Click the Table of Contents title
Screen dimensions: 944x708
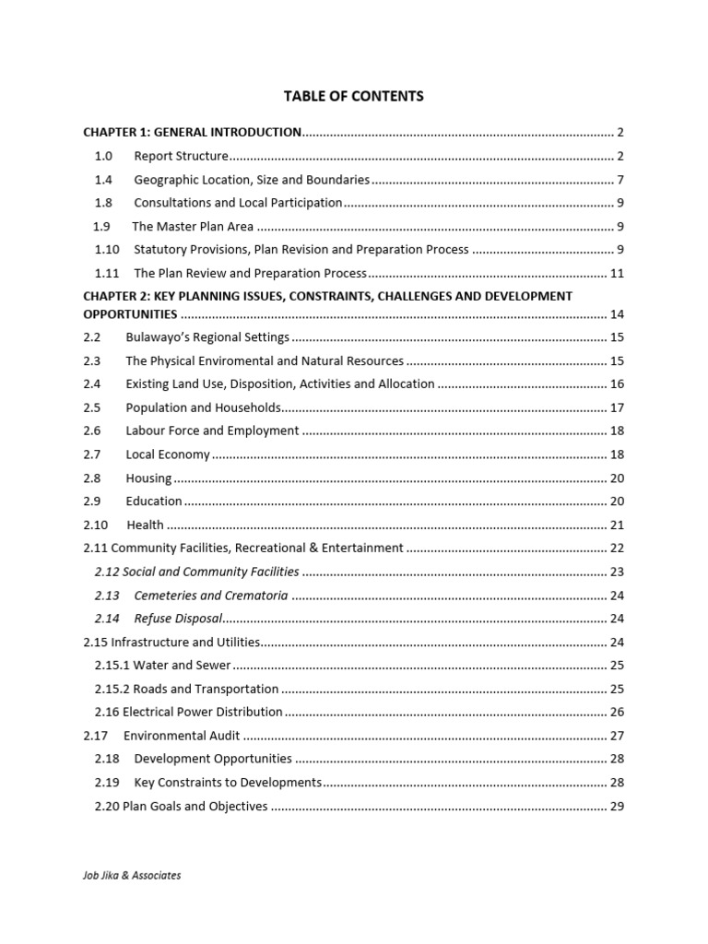click(x=354, y=96)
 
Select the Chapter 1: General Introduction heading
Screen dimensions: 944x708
click(x=192, y=132)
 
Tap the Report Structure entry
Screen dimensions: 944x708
click(x=181, y=156)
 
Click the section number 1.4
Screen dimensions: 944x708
click(x=103, y=180)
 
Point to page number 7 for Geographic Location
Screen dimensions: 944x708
click(x=621, y=180)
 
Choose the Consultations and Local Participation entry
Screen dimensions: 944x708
click(x=238, y=203)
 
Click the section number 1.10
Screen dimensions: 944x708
click(x=107, y=250)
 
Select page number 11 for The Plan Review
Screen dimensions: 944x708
click(x=618, y=274)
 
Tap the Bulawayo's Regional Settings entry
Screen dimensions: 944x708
click(x=207, y=337)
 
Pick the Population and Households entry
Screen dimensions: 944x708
click(x=203, y=407)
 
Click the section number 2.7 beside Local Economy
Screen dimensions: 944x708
click(x=91, y=454)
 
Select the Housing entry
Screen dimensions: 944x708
click(x=148, y=478)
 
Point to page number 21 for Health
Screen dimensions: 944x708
click(x=618, y=525)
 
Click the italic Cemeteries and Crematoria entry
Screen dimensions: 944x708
click(x=211, y=596)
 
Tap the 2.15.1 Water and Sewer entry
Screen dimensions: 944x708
click(x=162, y=665)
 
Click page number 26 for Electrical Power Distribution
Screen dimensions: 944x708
click(x=618, y=712)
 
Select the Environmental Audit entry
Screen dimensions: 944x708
click(x=182, y=736)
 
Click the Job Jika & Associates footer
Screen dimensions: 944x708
click(x=132, y=876)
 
